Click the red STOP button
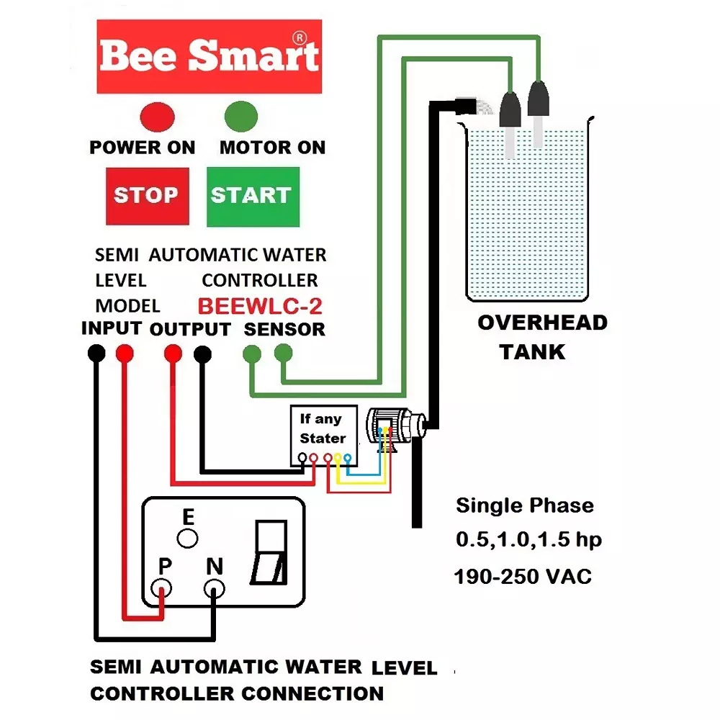click(147, 195)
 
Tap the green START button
click(252, 196)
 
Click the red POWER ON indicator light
click(153, 115)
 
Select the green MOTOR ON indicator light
click(241, 115)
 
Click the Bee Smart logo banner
click(209, 56)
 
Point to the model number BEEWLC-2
click(260, 306)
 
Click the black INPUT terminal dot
click(96, 354)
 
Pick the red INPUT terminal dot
click(125, 354)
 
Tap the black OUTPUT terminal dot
click(203, 354)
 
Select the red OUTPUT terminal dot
click(173, 354)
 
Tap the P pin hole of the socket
click(162, 590)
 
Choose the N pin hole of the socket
click(214, 590)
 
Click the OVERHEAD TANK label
click(542, 337)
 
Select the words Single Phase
click(525, 505)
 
